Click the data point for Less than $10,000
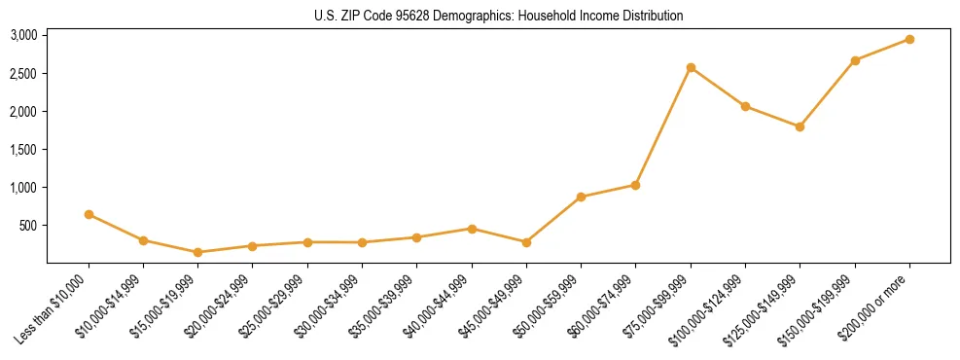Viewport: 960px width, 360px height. point(89,214)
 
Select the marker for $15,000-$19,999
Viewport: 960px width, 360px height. point(198,252)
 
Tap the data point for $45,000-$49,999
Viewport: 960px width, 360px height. point(526,242)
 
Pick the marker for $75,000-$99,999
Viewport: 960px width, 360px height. point(691,67)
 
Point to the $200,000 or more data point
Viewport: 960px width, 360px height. point(909,39)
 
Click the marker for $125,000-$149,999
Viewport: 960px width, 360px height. point(800,126)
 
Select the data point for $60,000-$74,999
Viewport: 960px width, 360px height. point(635,185)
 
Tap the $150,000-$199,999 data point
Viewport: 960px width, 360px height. point(855,60)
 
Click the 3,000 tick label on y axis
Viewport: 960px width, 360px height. point(23,35)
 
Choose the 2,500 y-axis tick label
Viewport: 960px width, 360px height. point(23,73)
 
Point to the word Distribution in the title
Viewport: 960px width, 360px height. point(651,17)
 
